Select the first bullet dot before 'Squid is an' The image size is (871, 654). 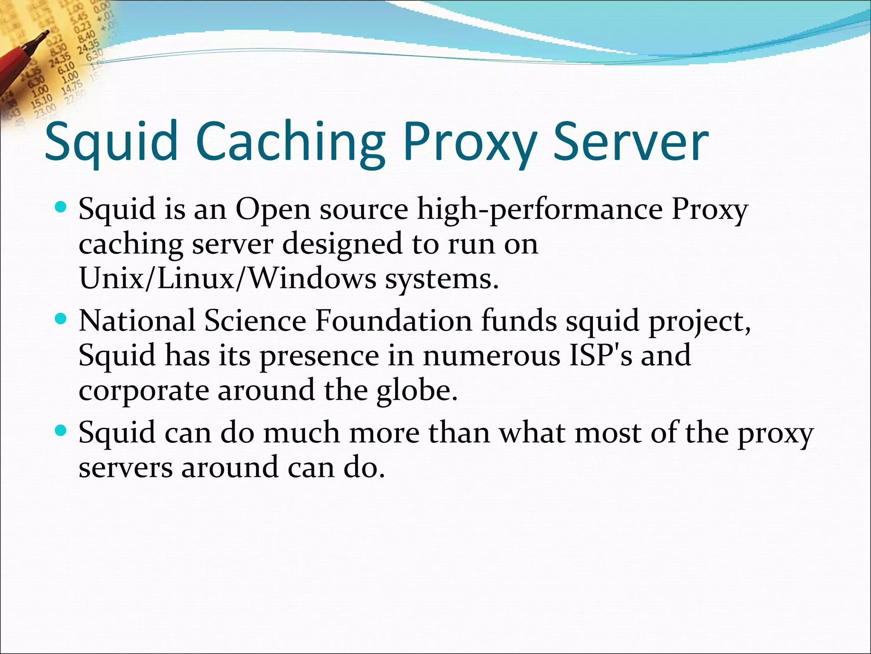[61, 208]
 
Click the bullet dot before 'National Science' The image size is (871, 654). [61, 319]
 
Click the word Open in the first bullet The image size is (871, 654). [273, 210]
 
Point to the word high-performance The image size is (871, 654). [539, 210]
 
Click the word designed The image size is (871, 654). [342, 244]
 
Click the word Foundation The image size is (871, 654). [393, 321]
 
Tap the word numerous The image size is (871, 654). [491, 356]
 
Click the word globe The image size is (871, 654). [416, 390]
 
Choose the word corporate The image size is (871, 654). [144, 390]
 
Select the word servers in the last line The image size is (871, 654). [125, 468]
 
